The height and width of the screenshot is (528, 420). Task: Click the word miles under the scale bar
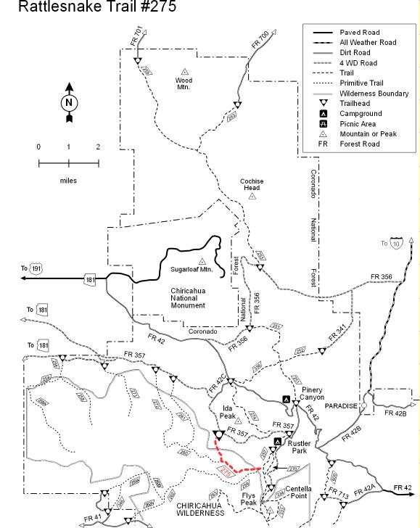[68, 181]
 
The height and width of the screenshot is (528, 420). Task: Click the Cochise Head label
[252, 184]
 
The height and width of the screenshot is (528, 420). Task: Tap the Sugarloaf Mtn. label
[190, 269]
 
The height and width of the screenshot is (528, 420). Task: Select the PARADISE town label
[341, 406]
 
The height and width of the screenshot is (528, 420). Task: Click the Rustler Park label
[299, 447]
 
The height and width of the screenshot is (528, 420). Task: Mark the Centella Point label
[299, 492]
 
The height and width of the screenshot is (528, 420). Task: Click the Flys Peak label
[250, 498]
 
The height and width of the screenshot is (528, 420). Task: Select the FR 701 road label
[137, 36]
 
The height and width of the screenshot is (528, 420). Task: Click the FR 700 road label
[260, 40]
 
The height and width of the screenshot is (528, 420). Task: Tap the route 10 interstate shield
[396, 244]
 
